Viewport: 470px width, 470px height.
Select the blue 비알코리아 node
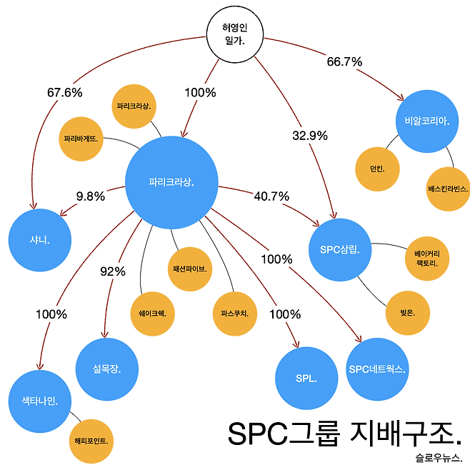pos(426,120)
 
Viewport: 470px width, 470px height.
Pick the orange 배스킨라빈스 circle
pos(448,189)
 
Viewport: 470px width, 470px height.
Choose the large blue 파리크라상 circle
pos(171,181)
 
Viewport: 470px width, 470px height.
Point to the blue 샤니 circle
pos(41,241)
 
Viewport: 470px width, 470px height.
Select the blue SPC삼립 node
pos(340,249)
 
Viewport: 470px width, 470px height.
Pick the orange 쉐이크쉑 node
pos(152,312)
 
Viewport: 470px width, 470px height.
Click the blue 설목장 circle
pos(106,369)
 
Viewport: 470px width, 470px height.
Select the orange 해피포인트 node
pos(91,441)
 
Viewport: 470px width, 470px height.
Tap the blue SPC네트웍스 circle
pos(378,369)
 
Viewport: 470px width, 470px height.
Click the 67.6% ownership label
pos(64,93)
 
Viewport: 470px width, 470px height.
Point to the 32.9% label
pos(310,135)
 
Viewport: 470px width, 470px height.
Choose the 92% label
pos(113,271)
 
